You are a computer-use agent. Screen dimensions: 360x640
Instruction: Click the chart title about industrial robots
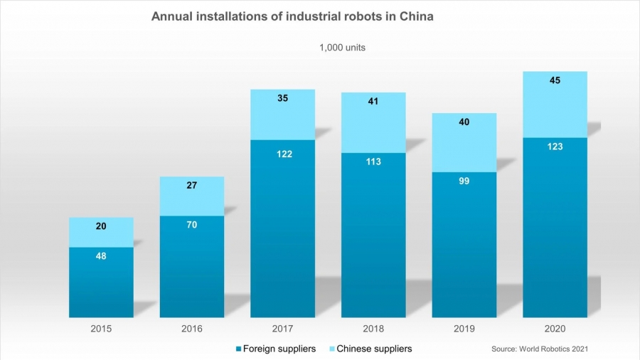(292, 16)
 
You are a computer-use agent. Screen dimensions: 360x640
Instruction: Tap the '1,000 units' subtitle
(342, 48)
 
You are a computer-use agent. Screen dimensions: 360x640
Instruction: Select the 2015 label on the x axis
(101, 329)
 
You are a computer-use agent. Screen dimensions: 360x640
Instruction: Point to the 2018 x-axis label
(373, 329)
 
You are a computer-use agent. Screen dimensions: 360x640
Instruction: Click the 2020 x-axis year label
(555, 329)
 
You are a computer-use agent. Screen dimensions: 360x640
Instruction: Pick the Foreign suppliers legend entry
(275, 349)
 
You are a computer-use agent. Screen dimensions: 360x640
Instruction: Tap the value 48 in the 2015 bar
(101, 255)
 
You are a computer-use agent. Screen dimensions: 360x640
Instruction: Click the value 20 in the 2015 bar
(101, 226)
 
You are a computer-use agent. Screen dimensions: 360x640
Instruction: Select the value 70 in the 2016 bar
(192, 225)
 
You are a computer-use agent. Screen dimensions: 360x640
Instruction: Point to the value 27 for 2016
(192, 185)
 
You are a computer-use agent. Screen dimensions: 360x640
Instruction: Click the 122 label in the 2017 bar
(282, 154)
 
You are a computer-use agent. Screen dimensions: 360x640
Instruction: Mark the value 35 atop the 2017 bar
(282, 99)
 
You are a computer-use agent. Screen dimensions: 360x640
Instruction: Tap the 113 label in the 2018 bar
(373, 162)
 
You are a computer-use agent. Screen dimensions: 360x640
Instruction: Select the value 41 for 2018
(373, 101)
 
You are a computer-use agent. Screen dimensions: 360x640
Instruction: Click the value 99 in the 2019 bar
(464, 181)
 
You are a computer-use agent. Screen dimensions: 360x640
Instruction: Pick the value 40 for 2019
(464, 122)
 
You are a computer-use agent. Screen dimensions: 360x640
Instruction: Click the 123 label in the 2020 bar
(555, 147)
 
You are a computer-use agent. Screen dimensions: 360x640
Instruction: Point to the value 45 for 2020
(555, 80)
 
